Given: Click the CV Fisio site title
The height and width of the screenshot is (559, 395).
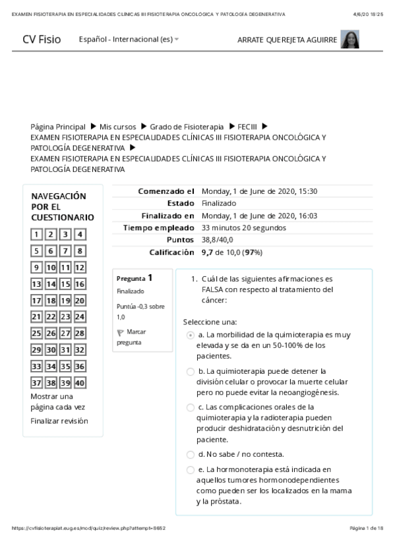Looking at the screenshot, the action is pyautogui.click(x=41, y=40).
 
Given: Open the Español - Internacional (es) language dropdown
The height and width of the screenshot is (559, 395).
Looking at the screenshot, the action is pyautogui.click(x=129, y=40).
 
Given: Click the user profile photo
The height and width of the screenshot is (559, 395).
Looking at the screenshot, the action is pyautogui.click(x=349, y=40).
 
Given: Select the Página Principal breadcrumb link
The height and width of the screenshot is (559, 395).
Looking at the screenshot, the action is pyautogui.click(x=58, y=127).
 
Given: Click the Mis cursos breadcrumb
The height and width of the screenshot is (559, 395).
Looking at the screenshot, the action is pyautogui.click(x=118, y=127).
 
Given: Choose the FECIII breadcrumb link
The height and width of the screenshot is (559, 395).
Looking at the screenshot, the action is pyautogui.click(x=247, y=127).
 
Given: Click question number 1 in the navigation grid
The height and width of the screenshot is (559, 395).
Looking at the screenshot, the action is pyautogui.click(x=37, y=234).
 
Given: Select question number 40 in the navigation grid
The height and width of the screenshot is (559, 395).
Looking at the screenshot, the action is pyautogui.click(x=80, y=383).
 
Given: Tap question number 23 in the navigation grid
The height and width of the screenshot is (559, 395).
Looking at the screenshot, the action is pyautogui.click(x=66, y=317).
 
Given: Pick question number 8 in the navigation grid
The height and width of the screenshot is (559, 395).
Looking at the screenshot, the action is pyautogui.click(x=80, y=250).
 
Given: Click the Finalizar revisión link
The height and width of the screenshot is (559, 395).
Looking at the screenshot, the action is pyautogui.click(x=59, y=421).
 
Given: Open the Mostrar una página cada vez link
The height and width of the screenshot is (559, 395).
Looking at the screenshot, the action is pyautogui.click(x=57, y=402).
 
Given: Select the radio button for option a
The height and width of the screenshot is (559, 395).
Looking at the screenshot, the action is pyautogui.click(x=191, y=335).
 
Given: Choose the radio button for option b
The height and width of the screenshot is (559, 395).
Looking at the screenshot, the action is pyautogui.click(x=191, y=372).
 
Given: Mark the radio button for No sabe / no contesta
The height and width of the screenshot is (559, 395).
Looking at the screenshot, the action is pyautogui.click(x=191, y=454).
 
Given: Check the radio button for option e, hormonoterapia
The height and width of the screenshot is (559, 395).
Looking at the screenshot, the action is pyautogui.click(x=191, y=470).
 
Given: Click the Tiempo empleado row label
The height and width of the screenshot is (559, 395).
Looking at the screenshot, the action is pyautogui.click(x=159, y=228).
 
